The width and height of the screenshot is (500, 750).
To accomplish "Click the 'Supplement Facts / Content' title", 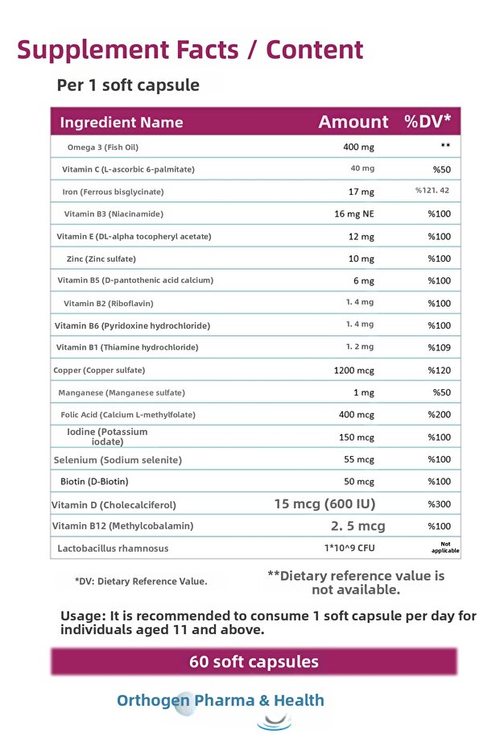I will point(190,49).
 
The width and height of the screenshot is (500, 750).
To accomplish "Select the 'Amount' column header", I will point(353,122).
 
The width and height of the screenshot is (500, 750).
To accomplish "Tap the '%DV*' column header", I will point(428,122).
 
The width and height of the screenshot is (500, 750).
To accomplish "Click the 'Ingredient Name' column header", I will point(122,122).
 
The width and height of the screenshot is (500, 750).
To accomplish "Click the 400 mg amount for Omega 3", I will point(358,147).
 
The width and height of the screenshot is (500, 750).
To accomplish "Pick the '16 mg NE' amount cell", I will point(355,213).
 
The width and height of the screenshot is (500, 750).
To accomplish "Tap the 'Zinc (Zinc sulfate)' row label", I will point(101,259).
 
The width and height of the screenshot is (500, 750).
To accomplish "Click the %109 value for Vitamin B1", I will point(440,347).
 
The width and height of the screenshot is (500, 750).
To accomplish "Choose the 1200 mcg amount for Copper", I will point(354,371).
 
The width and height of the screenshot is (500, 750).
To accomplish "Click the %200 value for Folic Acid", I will point(440,415).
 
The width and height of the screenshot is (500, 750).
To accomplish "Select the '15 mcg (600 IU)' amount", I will point(324,503).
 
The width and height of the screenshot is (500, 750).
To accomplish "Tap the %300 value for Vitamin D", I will point(440,504).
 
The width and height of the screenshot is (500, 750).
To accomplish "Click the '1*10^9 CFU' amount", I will point(349,549).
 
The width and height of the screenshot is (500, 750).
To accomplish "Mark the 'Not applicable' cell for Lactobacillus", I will point(444,548).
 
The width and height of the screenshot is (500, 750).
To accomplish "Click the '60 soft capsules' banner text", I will point(254,661).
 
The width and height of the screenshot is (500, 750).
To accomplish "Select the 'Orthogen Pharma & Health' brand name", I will point(221,700).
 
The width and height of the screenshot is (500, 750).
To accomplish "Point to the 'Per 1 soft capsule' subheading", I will point(128,85).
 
